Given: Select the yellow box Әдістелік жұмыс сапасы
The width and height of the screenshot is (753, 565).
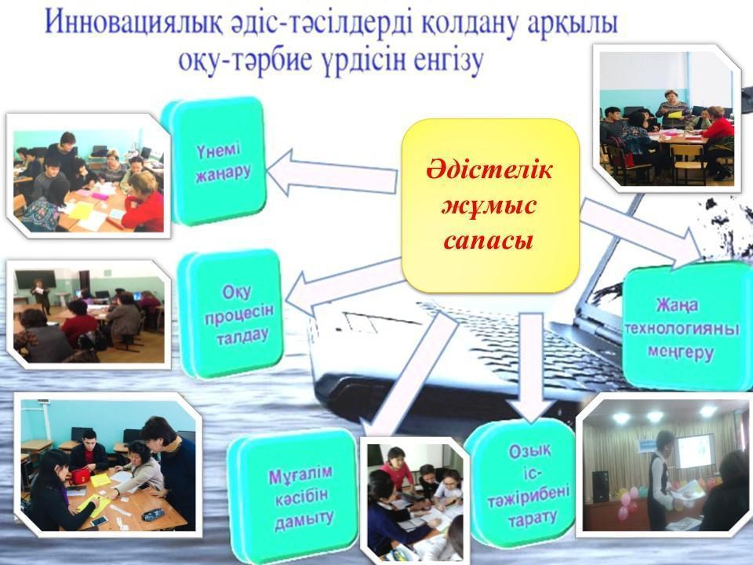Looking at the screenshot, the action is tap(490, 206).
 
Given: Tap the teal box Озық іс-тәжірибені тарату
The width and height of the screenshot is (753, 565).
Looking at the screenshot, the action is tap(521, 483).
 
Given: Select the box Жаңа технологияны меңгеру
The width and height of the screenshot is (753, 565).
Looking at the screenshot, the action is tap(687, 326).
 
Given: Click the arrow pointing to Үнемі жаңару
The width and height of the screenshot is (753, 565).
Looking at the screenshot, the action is tap(331, 173).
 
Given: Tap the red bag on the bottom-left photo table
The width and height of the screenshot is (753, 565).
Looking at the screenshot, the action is tap(83, 476).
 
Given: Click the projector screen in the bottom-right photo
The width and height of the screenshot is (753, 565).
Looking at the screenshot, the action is tap(694, 450).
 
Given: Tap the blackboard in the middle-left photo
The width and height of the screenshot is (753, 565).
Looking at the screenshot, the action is tap(35, 279).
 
